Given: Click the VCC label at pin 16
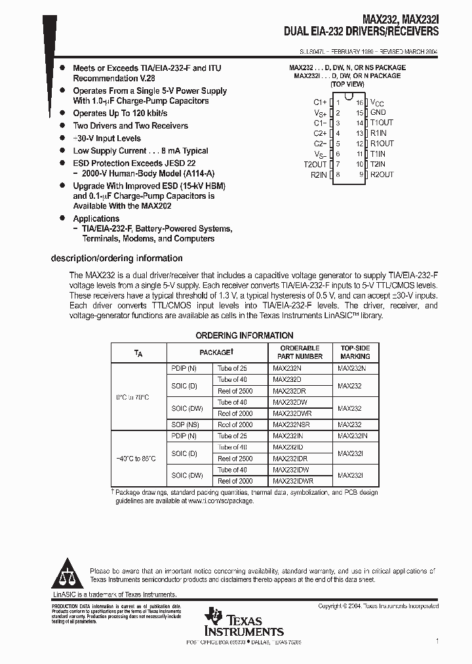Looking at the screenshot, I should point(378,102).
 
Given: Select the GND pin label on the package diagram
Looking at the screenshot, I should point(378,112).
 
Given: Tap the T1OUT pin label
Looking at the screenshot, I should point(382,123).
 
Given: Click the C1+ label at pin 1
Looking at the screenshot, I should point(320,102).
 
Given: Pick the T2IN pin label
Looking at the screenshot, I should point(378,164).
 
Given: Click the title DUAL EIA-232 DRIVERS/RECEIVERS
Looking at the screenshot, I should point(361,31).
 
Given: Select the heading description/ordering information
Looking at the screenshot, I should point(117,259).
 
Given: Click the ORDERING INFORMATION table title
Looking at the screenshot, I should point(245,335).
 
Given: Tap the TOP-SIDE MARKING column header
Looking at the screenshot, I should point(355,352).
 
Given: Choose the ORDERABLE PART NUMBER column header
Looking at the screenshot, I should point(300,352).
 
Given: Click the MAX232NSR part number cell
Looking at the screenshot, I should point(291,425).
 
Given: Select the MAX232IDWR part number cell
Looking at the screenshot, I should point(294,481).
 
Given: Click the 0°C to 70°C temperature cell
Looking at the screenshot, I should point(133,397).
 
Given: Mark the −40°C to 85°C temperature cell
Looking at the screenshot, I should point(136,458).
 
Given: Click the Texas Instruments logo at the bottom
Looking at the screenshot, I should point(243,623).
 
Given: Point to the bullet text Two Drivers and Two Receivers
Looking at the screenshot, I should point(130,125).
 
